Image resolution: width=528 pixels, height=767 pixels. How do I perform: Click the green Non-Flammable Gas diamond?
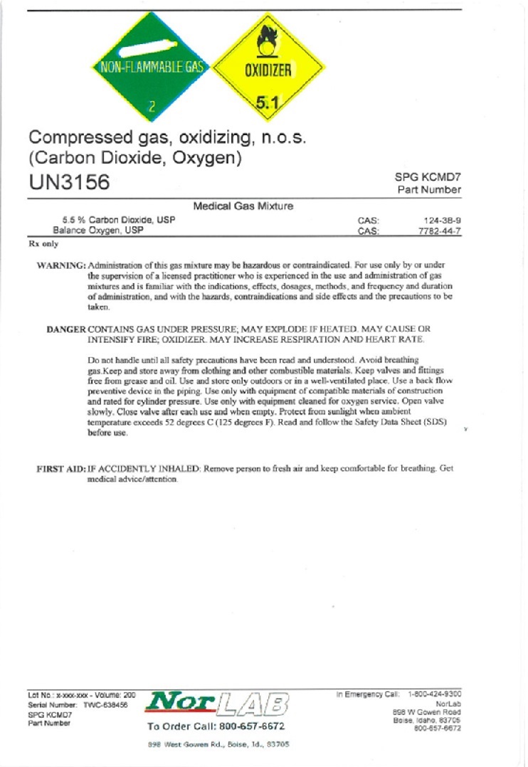pyautogui.click(x=152, y=70)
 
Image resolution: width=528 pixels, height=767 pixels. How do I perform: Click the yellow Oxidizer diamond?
pyautogui.click(x=268, y=70)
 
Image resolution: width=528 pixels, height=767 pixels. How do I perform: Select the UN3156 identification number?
pyautogui.click(x=70, y=182)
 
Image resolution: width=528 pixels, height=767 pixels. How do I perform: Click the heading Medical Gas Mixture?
pyautogui.click(x=243, y=206)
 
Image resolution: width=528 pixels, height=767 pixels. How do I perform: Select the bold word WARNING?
pyautogui.click(x=60, y=265)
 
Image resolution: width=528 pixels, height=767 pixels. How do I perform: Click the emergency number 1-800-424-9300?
pyautogui.click(x=434, y=693)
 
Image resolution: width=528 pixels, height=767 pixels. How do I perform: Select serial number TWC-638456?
pyautogui.click(x=105, y=704)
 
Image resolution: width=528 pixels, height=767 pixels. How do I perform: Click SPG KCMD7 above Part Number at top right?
pyautogui.click(x=427, y=177)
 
